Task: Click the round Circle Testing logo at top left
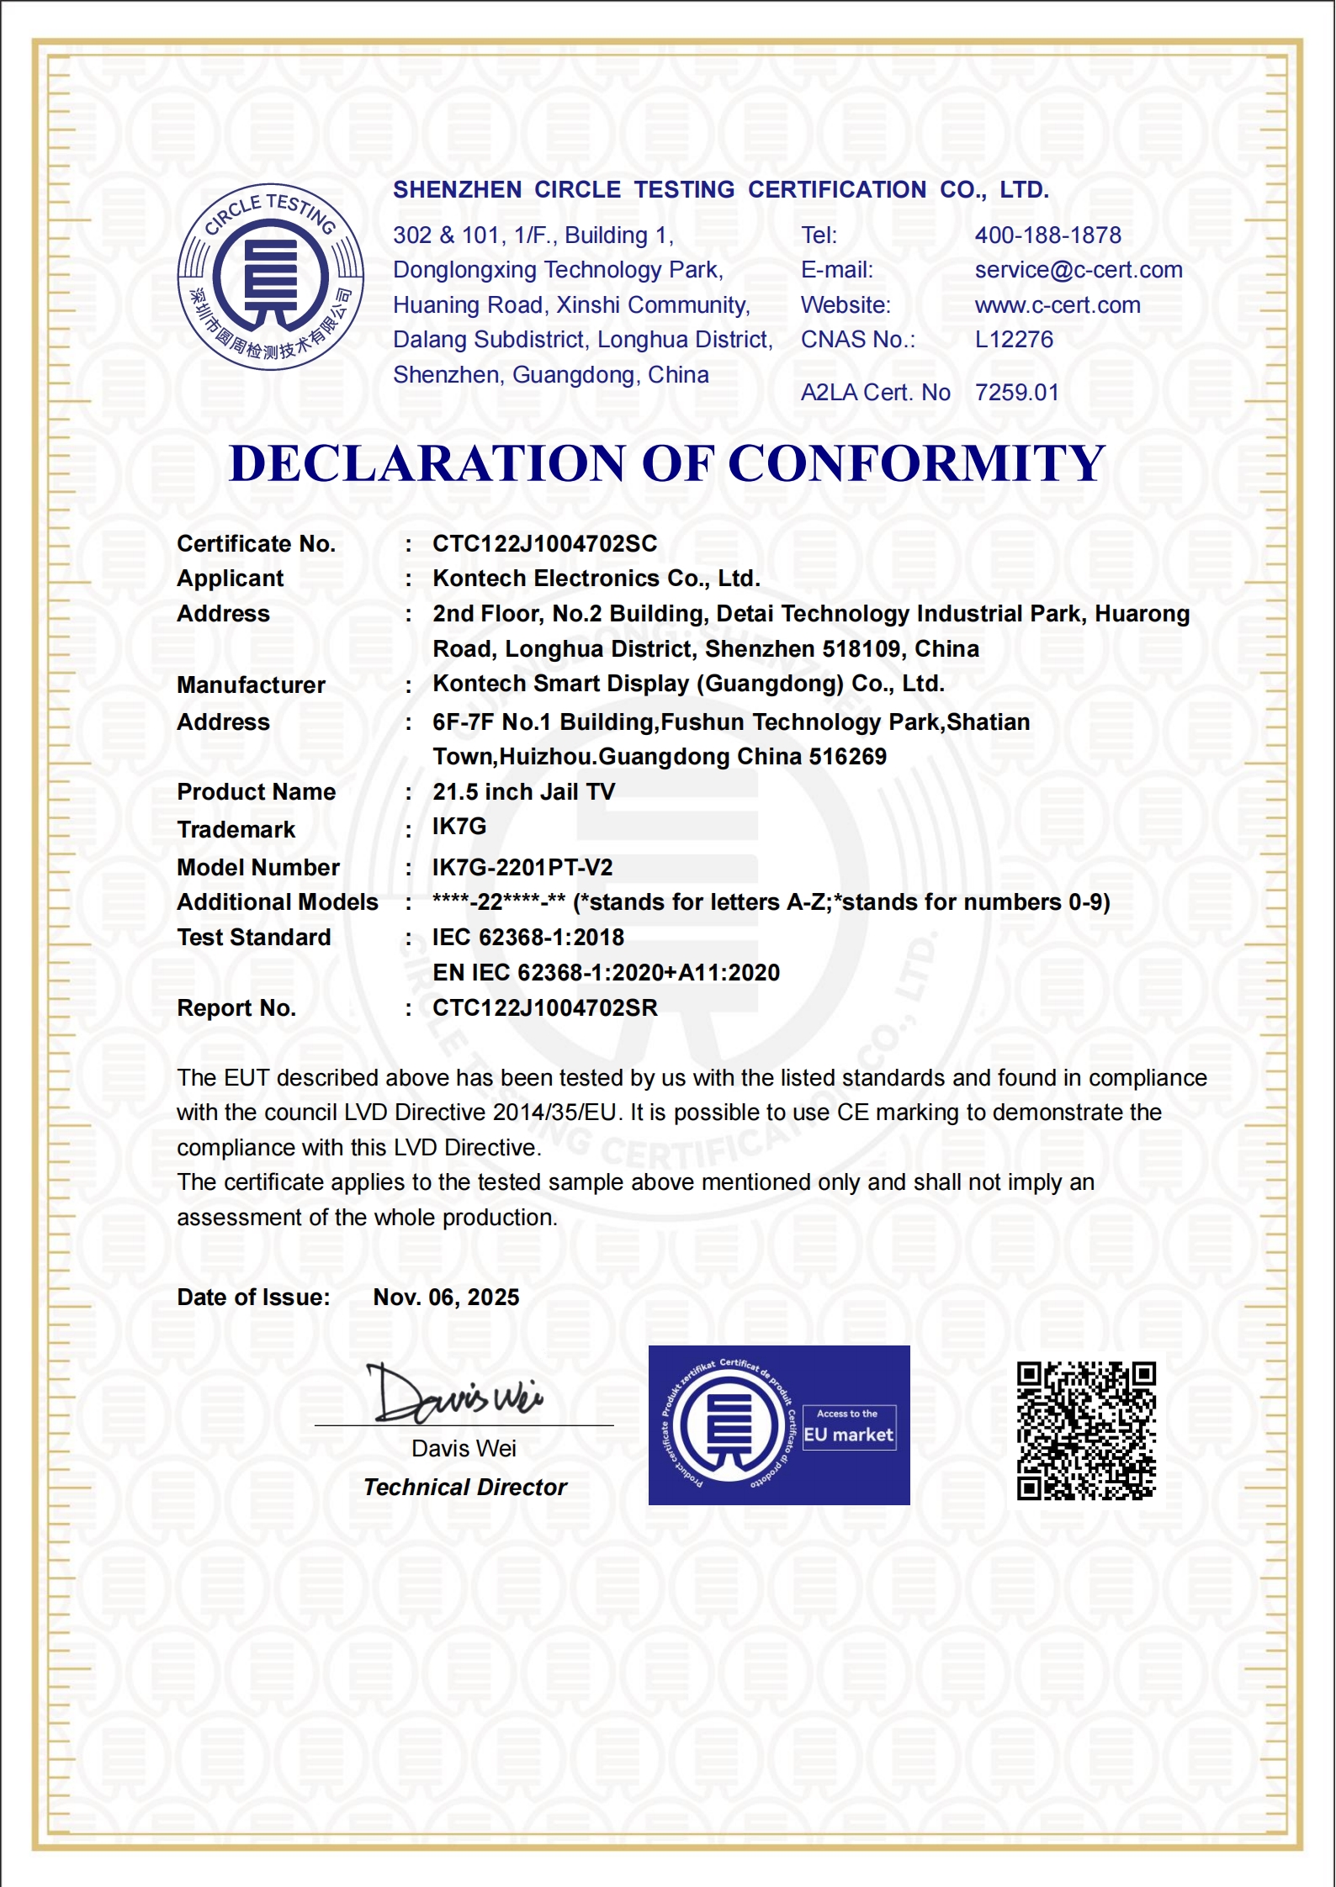pos(270,277)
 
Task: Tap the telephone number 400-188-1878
pos(1047,235)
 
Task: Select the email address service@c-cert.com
pos(1078,270)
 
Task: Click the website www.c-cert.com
pos(1057,305)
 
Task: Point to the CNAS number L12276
pos(1013,340)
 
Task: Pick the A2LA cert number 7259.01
pos(1016,393)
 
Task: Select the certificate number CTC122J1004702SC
pos(544,544)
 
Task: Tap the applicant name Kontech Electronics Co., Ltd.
pos(596,579)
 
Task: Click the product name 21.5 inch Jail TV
pos(523,792)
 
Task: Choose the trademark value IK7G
pos(459,827)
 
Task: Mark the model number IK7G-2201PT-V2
pos(522,868)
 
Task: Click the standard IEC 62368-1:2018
pos(528,938)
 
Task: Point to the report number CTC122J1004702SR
pos(544,1008)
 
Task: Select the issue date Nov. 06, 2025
pos(446,1298)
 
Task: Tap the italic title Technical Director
pos(464,1488)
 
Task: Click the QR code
pos(1086,1431)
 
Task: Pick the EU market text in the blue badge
pos(848,1435)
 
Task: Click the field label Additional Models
pos(277,902)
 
